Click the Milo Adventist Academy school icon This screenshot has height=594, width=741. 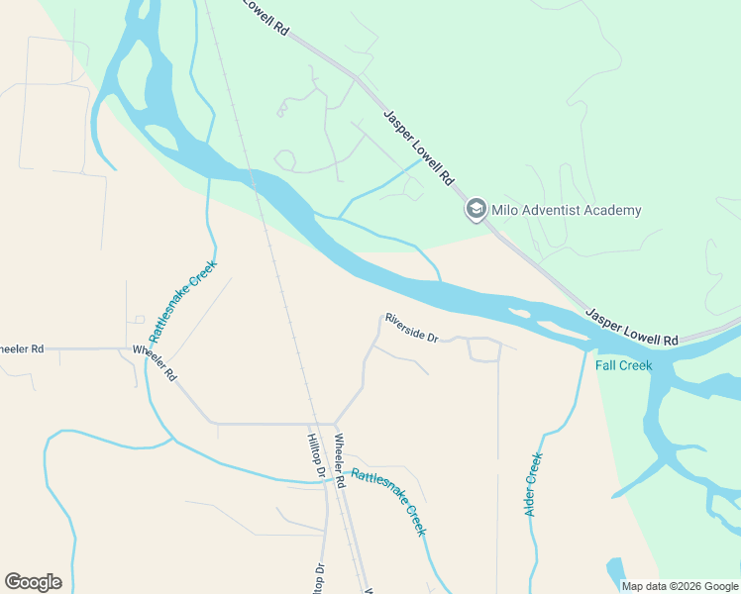click(x=476, y=210)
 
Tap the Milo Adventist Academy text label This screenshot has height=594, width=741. click(x=567, y=210)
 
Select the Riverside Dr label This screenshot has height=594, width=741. click(x=412, y=328)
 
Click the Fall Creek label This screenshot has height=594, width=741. click(x=624, y=365)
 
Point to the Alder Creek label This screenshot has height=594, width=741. click(x=534, y=484)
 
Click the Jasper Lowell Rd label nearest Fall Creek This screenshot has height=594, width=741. click(x=631, y=327)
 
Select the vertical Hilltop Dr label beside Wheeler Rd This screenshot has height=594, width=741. click(x=316, y=455)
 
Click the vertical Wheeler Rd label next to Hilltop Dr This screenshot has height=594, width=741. click(x=339, y=461)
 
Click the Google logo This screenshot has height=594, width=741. click(x=33, y=582)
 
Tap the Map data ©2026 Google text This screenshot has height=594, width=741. click(x=680, y=586)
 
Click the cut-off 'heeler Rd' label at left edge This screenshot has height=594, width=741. click(x=22, y=348)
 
